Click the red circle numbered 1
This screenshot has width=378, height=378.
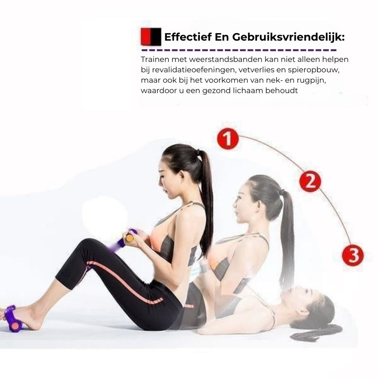(x=228, y=139)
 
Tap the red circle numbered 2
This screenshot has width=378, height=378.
(x=310, y=181)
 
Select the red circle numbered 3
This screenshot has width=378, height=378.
(x=352, y=255)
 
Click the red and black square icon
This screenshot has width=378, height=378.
(x=151, y=37)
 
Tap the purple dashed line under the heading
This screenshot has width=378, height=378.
(x=239, y=51)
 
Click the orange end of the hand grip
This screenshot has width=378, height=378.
(x=130, y=239)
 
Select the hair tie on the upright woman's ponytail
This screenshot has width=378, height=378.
(x=198, y=153)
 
